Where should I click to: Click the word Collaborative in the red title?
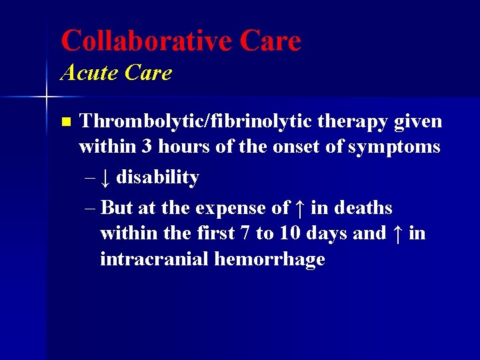click(x=144, y=41)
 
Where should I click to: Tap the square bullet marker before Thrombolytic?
click(x=65, y=122)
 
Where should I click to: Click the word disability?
click(x=157, y=177)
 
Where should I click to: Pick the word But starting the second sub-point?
click(x=117, y=207)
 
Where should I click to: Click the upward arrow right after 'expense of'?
click(x=299, y=208)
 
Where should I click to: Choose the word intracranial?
click(x=154, y=259)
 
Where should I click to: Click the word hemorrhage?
click(x=270, y=259)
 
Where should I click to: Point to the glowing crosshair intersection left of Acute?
click(x=46, y=97)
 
